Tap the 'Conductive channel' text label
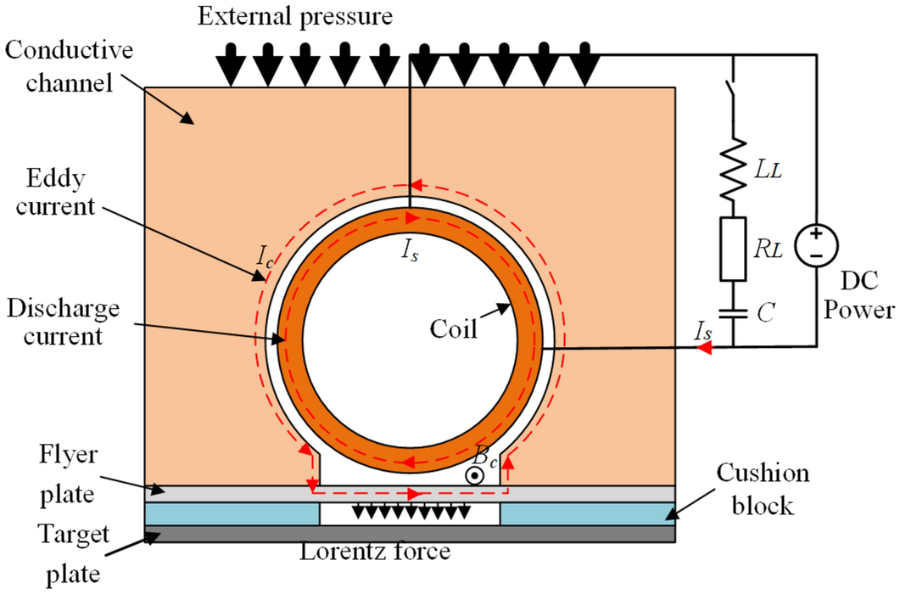70,66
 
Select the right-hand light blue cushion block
587,513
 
